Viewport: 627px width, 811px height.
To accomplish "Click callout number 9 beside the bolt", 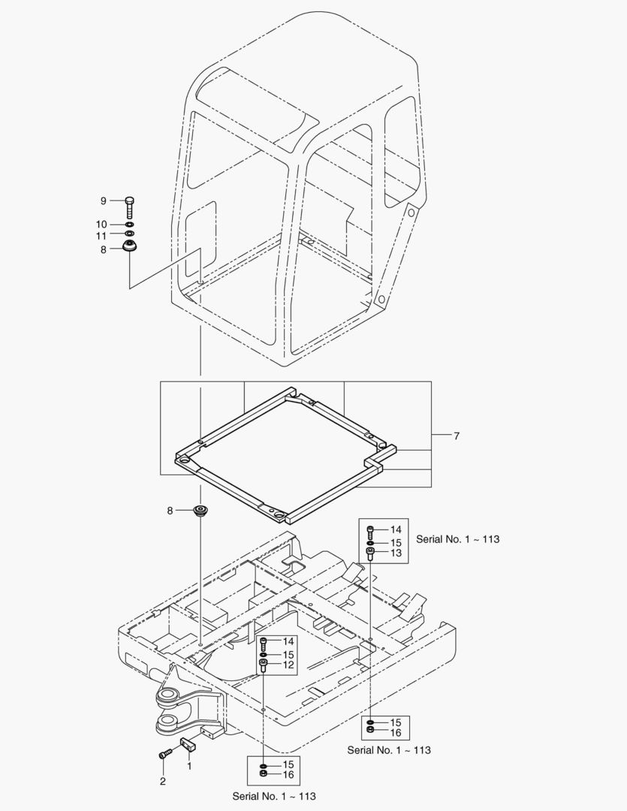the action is click(104, 200).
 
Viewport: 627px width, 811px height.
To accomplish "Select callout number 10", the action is click(101, 225).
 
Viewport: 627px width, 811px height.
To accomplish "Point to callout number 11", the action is click(101, 236).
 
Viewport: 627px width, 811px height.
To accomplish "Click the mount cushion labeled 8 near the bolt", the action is click(130, 246).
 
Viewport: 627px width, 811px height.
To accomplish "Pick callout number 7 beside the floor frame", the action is click(457, 436).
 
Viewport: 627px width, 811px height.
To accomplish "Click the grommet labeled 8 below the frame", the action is click(200, 511).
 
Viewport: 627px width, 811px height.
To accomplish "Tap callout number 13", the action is click(396, 553).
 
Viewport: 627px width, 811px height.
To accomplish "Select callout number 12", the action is click(288, 665).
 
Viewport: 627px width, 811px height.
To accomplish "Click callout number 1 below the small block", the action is click(189, 765).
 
